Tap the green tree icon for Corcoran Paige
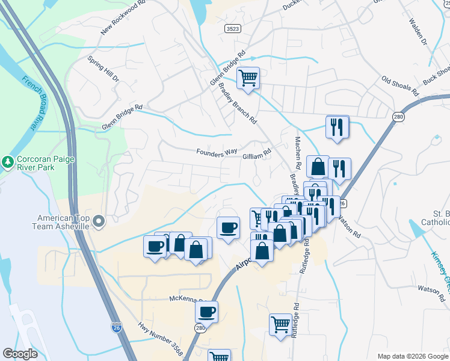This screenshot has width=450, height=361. pyautogui.click(x=7, y=161)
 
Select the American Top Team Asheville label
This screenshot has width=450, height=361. pyautogui.click(x=63, y=222)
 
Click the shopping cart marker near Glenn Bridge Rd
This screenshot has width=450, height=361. pyautogui.click(x=247, y=78)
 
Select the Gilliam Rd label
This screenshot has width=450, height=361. pyautogui.click(x=257, y=156)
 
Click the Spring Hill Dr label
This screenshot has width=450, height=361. pyautogui.click(x=103, y=69)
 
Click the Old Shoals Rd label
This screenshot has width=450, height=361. pyautogui.click(x=400, y=86)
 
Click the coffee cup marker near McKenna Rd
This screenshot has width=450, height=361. pyautogui.click(x=206, y=312)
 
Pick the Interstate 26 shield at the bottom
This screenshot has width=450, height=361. pyautogui.click(x=116, y=327)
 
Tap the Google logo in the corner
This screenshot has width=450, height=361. pyautogui.click(x=20, y=354)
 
